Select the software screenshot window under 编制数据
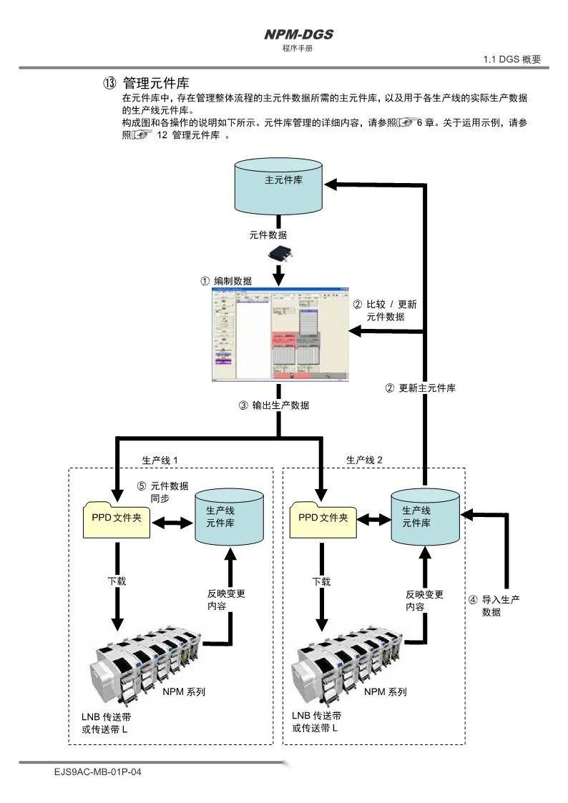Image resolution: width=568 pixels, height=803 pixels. click(280, 335)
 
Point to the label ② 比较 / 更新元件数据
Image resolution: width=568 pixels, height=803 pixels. click(386, 310)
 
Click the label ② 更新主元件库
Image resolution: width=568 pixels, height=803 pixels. click(421, 388)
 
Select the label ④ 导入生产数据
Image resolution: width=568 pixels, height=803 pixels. click(494, 606)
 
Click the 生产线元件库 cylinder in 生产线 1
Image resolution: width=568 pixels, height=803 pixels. click(229, 518)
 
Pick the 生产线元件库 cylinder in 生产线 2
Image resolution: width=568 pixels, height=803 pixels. click(425, 518)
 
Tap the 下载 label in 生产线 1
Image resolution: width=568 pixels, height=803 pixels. click(117, 581)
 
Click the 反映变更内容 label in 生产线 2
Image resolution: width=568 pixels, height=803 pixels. click(424, 600)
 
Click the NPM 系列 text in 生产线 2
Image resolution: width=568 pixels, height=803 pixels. click(386, 691)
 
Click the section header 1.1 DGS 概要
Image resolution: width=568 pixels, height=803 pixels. click(512, 59)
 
